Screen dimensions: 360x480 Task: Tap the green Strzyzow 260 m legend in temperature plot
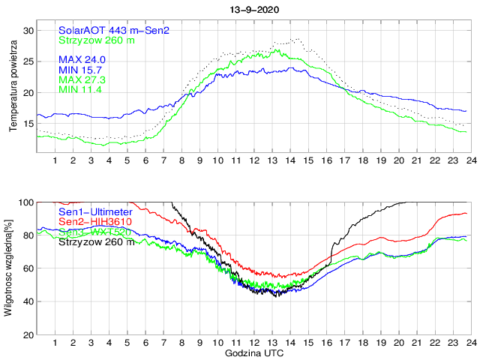click(x=97, y=40)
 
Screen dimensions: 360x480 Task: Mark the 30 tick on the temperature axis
click(x=28, y=30)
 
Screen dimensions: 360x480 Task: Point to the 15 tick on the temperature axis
click(x=28, y=124)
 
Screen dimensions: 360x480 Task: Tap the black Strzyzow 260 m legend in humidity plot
click(x=97, y=241)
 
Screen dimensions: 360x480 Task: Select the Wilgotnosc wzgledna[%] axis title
click(x=8, y=268)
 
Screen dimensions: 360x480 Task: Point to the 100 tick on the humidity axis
click(x=25, y=202)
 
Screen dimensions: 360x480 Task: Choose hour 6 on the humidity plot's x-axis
click(x=145, y=343)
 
